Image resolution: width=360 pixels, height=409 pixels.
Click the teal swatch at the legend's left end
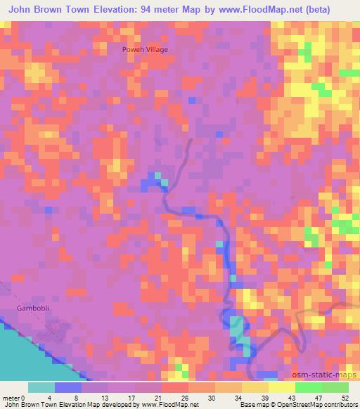tap(41, 387)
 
